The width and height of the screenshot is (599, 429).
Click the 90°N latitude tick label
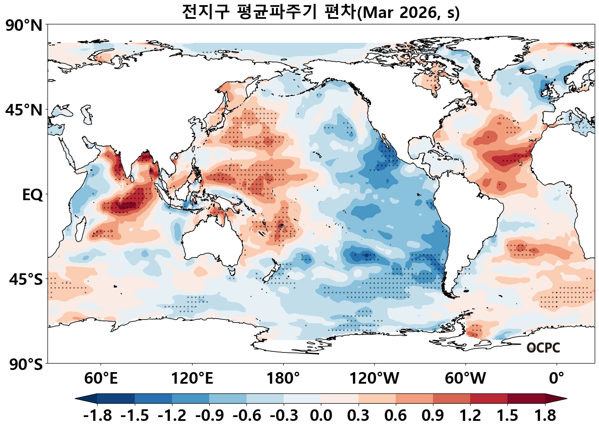point(24,25)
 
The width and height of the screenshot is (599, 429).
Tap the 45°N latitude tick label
point(24,110)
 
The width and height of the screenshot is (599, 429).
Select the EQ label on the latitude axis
point(33,195)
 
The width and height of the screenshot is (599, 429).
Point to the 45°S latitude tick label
point(26,280)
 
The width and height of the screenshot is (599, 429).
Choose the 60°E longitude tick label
point(101,378)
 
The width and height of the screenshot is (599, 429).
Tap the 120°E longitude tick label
point(192,378)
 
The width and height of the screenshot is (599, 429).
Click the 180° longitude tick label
point(283,378)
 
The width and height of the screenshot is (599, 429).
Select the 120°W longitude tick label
point(374,378)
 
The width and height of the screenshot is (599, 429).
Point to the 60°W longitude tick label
point(466,378)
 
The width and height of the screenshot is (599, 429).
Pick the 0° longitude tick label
point(557,378)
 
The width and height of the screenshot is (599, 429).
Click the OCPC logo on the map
point(543,348)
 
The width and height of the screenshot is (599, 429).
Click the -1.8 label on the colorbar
point(98,415)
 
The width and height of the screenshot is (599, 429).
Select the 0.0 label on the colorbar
point(321,415)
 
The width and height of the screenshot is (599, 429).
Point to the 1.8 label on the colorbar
point(545,415)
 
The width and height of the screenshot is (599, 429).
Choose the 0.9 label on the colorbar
point(433,415)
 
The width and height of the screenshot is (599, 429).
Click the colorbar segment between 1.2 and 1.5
point(489,399)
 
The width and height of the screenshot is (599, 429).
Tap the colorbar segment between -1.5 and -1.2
point(153,399)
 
